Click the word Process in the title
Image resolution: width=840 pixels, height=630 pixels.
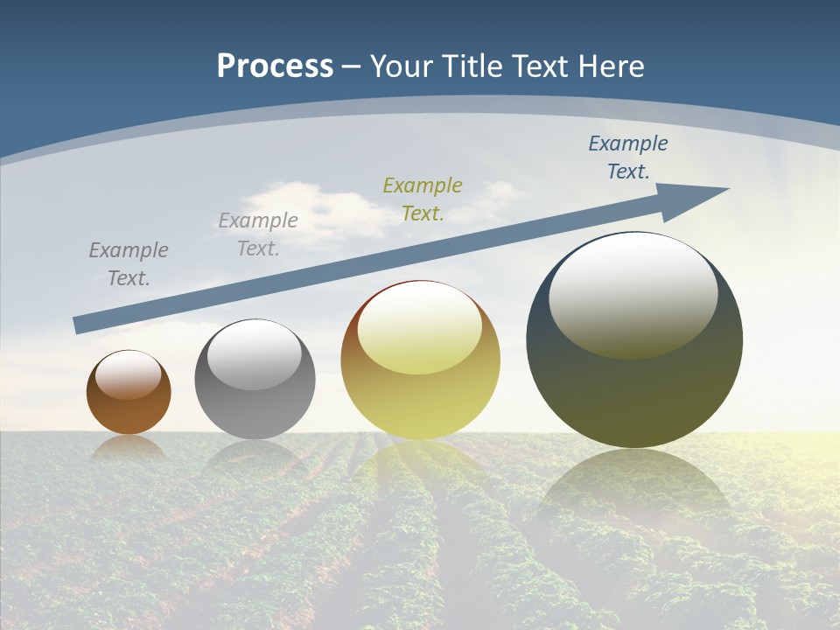pos(275,66)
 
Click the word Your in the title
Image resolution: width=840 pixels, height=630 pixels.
pos(402,66)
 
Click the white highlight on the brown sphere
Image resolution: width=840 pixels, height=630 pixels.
pos(129,375)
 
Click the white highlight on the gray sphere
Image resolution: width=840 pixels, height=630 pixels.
pos(255,355)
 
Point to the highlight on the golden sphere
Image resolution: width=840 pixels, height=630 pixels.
pos(420,328)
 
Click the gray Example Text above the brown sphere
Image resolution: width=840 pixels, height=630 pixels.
pos(129,264)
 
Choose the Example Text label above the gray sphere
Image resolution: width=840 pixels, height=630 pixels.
pos(258,234)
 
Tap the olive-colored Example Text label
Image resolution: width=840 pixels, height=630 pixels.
pos(423,199)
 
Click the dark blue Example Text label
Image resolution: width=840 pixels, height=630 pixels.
pos(628,157)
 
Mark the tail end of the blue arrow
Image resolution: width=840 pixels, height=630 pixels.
pos(78,325)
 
